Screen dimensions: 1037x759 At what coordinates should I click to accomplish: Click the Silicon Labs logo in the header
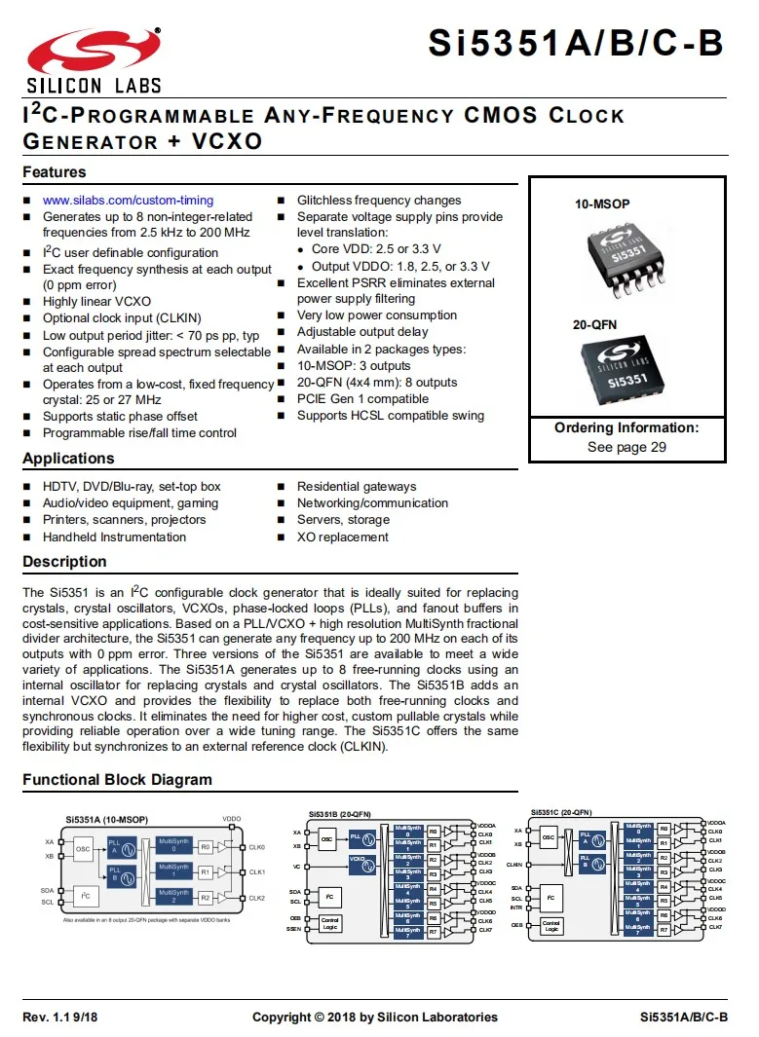tap(94, 58)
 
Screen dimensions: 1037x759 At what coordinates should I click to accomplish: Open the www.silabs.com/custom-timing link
tap(128, 201)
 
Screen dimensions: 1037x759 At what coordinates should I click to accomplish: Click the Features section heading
tap(55, 172)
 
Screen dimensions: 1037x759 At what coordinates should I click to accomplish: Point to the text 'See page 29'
tap(626, 447)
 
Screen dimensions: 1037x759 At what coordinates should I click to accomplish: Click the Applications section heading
tap(68, 459)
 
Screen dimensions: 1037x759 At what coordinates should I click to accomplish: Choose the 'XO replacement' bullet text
tap(342, 537)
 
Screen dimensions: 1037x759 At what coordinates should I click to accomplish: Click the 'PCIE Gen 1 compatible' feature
tap(362, 399)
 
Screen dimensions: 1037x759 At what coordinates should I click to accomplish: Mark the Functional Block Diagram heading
tap(117, 780)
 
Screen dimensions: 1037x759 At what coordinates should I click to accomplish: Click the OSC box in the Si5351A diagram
tap(83, 848)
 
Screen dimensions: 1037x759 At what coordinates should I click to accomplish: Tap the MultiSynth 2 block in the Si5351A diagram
tap(174, 897)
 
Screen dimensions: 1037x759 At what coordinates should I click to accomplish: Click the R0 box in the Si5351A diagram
tap(206, 847)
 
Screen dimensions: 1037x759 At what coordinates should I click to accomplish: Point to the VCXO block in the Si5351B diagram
tap(361, 861)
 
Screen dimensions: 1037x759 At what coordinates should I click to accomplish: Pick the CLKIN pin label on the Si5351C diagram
tap(513, 864)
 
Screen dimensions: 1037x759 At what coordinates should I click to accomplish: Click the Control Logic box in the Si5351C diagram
tap(551, 926)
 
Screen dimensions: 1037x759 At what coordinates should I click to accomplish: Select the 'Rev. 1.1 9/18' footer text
tap(60, 1018)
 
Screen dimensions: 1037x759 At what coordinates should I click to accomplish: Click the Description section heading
tap(64, 562)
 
